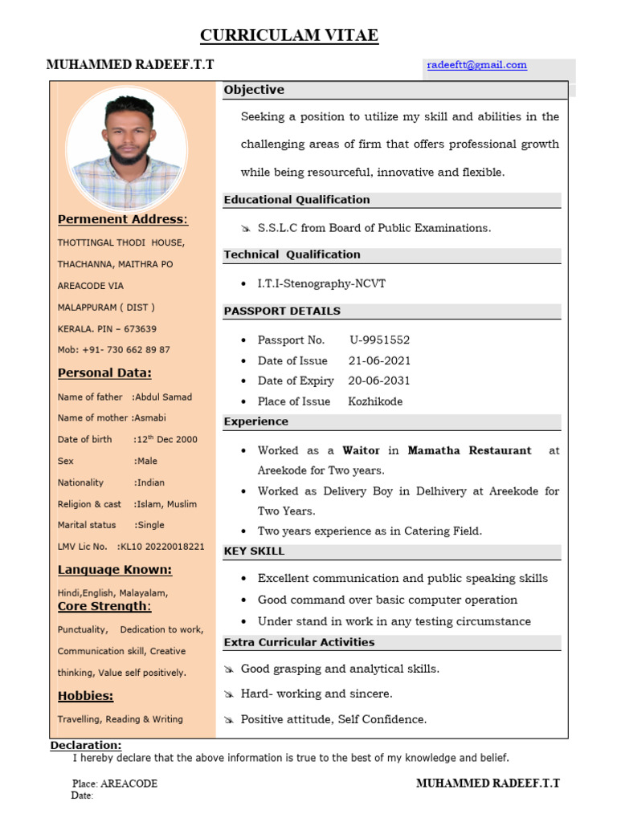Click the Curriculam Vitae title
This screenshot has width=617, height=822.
289,35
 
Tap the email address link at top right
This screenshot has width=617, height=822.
476,65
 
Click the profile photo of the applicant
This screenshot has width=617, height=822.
127,149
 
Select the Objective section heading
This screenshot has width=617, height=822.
254,90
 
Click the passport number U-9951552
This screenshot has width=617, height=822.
380,340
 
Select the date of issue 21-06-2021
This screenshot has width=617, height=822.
379,360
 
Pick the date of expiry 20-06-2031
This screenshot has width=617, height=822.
379,380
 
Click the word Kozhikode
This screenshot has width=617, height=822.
375,401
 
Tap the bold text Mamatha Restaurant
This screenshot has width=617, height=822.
469,450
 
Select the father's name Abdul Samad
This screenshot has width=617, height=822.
164,397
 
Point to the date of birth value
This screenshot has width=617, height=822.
165,439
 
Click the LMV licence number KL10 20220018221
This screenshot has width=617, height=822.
161,547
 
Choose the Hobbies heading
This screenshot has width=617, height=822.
85,695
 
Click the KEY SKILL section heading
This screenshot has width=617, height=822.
254,551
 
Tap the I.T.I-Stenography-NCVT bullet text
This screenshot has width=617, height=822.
321,283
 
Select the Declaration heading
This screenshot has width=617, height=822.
86,746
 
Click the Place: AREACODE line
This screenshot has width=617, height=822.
114,783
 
